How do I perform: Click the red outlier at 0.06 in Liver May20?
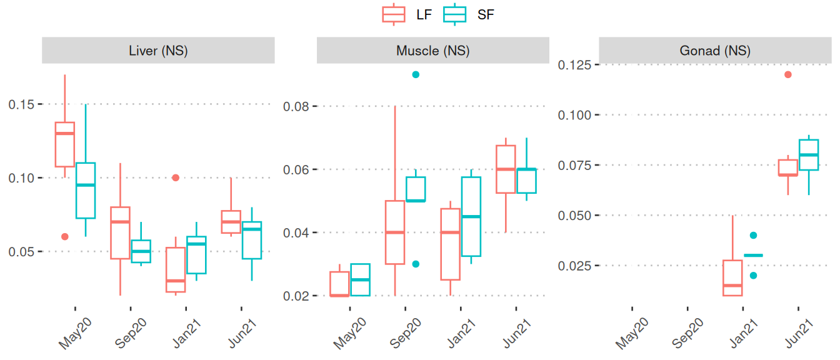pyautogui.click(x=64, y=236)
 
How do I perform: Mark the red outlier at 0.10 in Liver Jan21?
pyautogui.click(x=176, y=177)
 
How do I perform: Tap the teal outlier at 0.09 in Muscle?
pyautogui.click(x=416, y=74)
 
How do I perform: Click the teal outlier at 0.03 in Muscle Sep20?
pyautogui.click(x=416, y=264)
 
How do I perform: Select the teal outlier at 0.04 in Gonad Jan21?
pyautogui.click(x=753, y=236)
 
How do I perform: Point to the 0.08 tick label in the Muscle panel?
pyautogui.click(x=299, y=106)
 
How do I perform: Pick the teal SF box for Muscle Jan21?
pyautogui.click(x=471, y=216)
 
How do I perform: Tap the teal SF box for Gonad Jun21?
pyautogui.click(x=809, y=155)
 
